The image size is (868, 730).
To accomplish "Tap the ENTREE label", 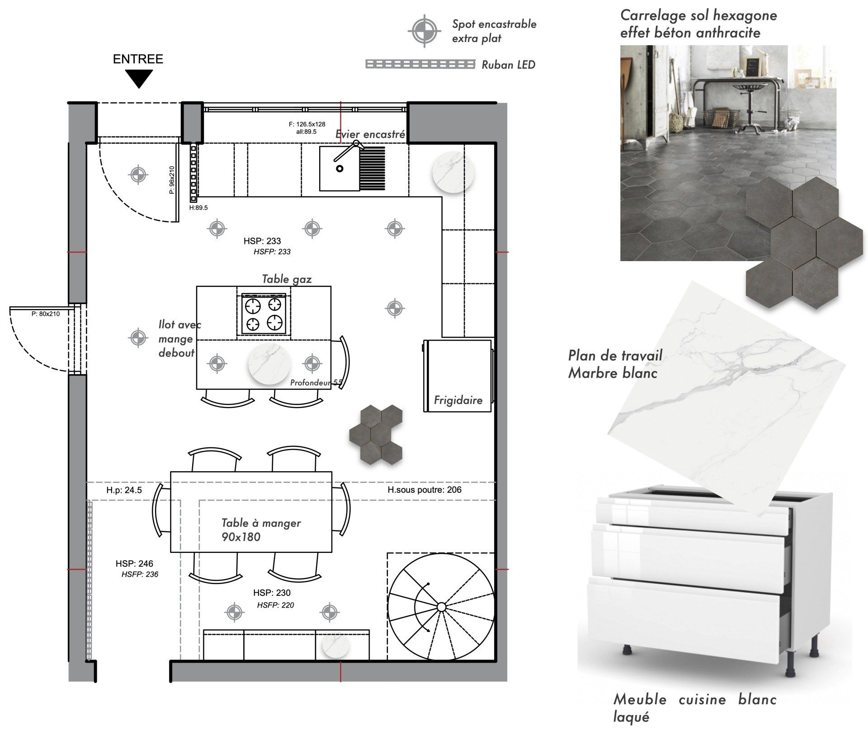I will (138, 59).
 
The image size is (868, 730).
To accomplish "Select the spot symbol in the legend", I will (424, 31).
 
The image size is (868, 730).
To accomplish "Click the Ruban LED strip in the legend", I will (420, 64).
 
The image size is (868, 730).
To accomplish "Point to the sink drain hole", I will (340, 168).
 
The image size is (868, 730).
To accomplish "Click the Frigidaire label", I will (458, 400).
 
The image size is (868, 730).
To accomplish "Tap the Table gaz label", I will (287, 279).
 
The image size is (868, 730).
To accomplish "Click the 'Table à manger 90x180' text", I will (261, 529).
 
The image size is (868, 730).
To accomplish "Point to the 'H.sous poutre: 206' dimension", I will (424, 490).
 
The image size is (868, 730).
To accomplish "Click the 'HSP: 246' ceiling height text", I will (134, 563).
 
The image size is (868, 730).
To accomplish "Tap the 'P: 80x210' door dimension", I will (45, 314).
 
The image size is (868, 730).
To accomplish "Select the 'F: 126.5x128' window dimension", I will (307, 124).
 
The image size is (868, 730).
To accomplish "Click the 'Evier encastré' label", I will (370, 134).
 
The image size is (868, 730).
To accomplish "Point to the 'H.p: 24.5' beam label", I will (124, 490).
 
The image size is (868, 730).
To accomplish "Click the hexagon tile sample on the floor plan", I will (376, 434).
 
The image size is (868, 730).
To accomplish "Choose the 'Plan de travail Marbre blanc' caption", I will (615, 364).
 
